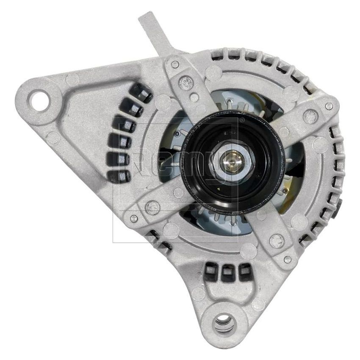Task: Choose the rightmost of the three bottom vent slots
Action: pos(245,272)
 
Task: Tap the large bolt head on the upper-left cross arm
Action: pos(186,83)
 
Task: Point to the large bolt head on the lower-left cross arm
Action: pos(152,207)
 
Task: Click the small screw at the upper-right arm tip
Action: pos(329,106)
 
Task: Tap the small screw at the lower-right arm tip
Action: pos(288,259)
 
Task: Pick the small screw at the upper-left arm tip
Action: pos(174,64)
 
